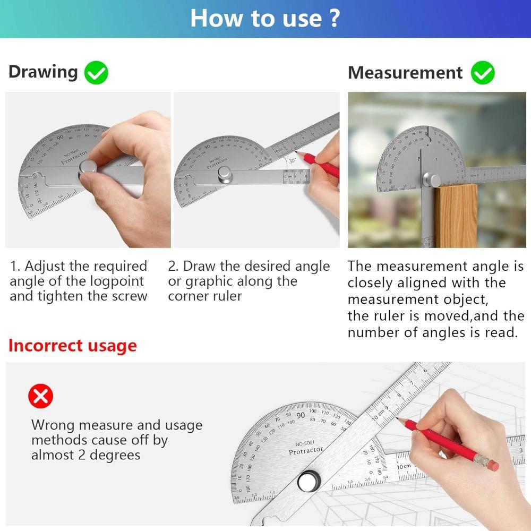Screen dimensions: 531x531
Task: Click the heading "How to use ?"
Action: pos(264,18)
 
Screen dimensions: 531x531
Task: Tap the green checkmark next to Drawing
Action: pos(96,73)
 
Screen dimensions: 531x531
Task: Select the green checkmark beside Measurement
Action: pos(482,73)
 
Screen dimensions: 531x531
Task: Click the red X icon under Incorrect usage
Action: pos(41,396)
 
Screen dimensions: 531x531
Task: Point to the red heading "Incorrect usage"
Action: pos(73,346)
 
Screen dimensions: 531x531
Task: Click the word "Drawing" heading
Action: pos(43,72)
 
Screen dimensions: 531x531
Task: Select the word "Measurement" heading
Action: pos(405,73)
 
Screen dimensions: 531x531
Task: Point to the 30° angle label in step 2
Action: pos(293,160)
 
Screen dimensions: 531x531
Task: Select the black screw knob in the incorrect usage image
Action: pos(307,481)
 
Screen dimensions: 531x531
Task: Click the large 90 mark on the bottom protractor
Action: pos(301,416)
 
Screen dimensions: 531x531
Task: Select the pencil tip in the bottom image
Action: pos(404,421)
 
